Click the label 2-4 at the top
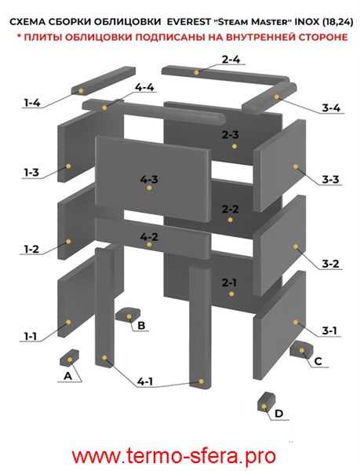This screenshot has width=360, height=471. [231, 60]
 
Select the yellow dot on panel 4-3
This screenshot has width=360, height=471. [149, 188]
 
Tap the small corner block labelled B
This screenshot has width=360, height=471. [128, 315]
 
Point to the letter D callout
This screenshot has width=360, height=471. [278, 414]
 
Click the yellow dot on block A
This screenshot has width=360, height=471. [70, 360]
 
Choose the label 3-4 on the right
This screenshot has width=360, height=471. [331, 108]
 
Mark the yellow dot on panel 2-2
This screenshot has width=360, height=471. [230, 220]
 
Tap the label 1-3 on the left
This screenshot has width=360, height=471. [31, 173]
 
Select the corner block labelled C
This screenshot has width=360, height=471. [301, 349]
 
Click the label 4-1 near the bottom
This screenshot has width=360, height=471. [145, 382]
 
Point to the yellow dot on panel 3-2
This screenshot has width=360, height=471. [296, 246]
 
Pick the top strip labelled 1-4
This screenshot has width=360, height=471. [104, 81]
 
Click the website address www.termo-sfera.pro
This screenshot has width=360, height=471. [174, 455]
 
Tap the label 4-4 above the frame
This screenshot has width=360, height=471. [144, 87]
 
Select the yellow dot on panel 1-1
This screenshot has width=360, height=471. [68, 322]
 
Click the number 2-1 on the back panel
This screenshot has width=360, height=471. [230, 283]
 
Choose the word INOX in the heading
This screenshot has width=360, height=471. [309, 22]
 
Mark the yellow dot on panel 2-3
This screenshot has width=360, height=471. [235, 146]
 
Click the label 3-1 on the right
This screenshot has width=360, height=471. [329, 330]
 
